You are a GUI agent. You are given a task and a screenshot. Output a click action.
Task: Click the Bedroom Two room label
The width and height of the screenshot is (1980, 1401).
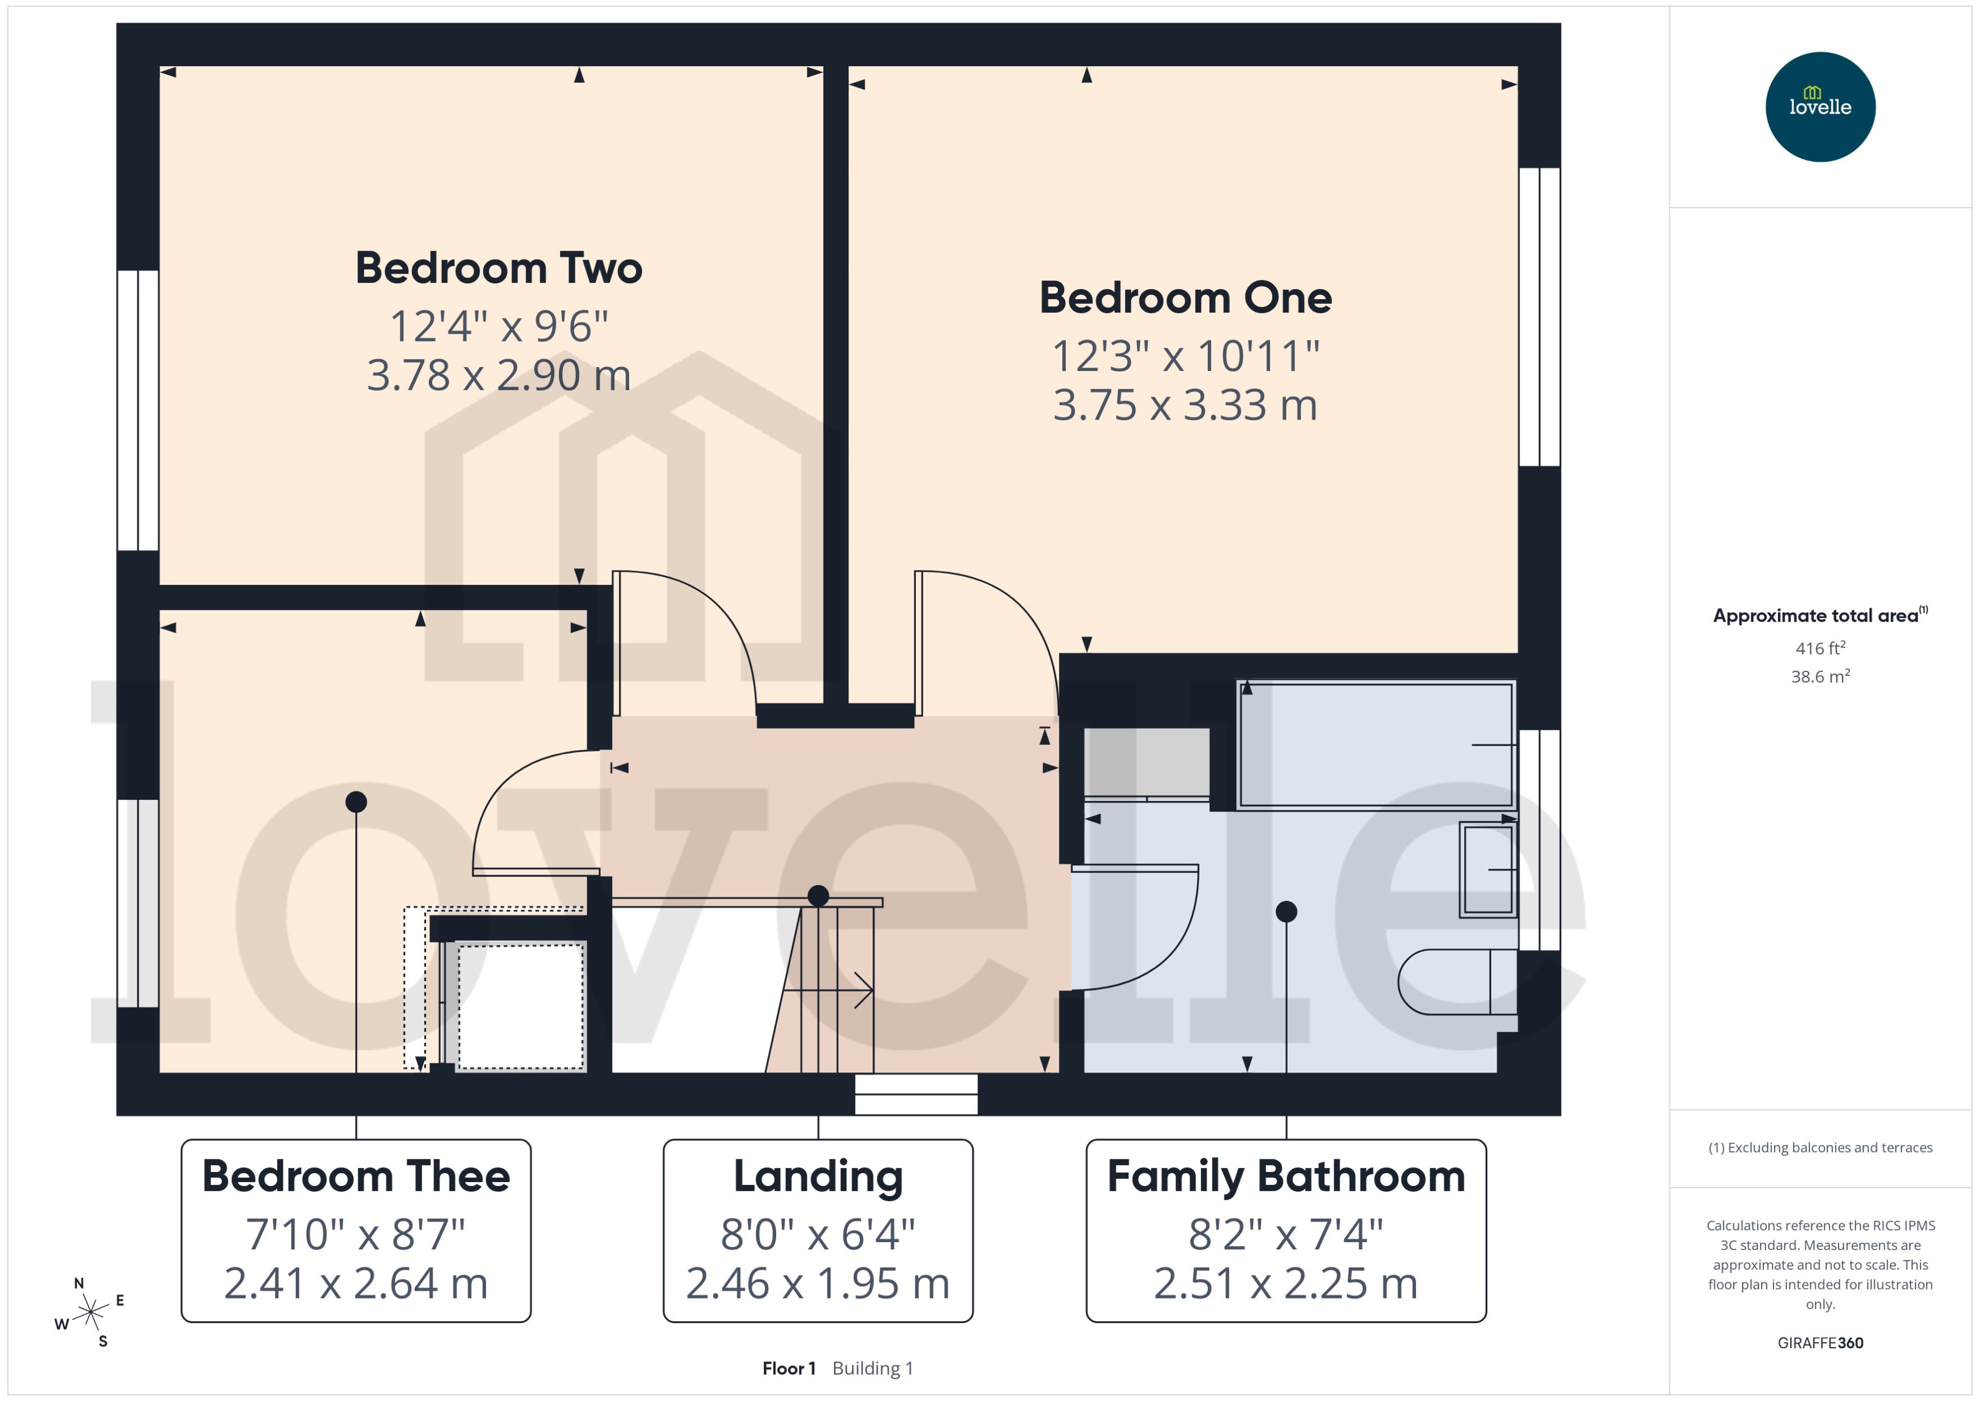coord(498,268)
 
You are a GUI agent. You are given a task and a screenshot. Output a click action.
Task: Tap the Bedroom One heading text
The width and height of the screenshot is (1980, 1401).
coord(1185,298)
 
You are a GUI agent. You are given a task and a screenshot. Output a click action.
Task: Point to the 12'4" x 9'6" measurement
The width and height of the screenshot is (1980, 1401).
coord(498,326)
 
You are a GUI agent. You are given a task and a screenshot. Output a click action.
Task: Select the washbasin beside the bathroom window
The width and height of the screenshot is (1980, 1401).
coord(1487,869)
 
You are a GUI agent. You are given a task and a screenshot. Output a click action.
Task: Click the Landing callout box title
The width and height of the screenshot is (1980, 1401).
coord(818,1176)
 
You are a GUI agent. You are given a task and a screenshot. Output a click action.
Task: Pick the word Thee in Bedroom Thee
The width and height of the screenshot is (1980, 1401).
coord(458,1176)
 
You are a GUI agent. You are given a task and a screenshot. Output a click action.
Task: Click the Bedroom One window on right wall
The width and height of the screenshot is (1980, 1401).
coord(1539,317)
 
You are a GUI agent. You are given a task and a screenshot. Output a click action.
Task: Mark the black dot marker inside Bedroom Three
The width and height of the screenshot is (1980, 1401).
coord(356,801)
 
